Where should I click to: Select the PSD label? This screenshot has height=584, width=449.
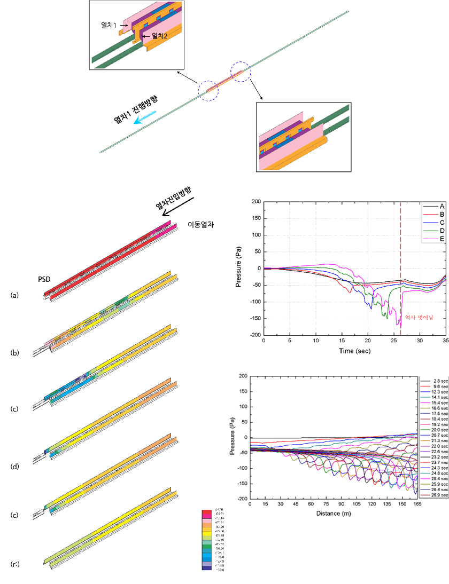point(44,279)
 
